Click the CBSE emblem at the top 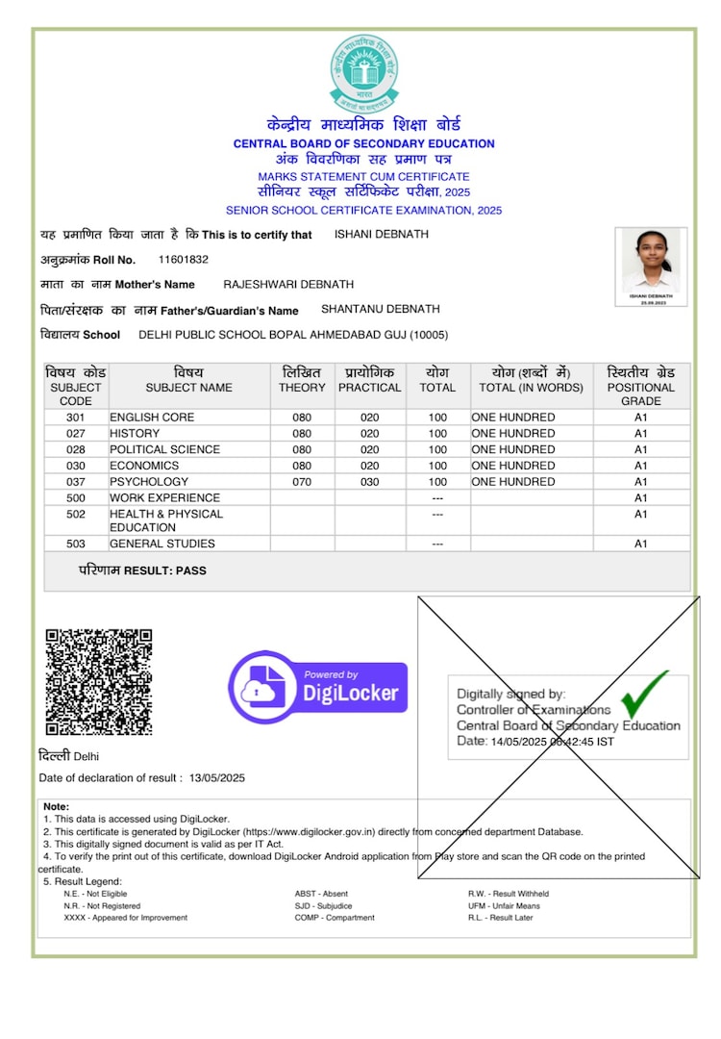[363, 73]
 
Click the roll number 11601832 [184, 260]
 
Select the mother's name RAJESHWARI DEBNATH [288, 285]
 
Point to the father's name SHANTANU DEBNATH [380, 310]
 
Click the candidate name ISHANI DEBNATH [382, 235]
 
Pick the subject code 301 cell [76, 418]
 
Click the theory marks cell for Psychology [302, 482]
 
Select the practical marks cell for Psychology [369, 482]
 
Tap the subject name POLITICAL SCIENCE [164, 449]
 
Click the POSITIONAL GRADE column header [640, 387]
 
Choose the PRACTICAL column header [369, 380]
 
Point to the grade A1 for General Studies [640, 545]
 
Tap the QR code [99, 682]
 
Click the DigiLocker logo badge [318, 687]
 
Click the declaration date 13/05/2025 [217, 778]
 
